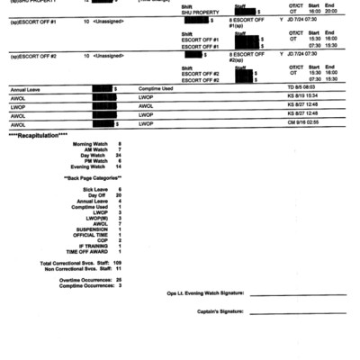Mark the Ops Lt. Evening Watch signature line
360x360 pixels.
pyautogui.click(x=297, y=293)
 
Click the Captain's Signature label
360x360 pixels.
pyautogui.click(x=220, y=310)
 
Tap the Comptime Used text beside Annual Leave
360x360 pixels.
pyautogui.click(x=156, y=89)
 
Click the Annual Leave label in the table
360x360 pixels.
pyautogui.click(x=26, y=89)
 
